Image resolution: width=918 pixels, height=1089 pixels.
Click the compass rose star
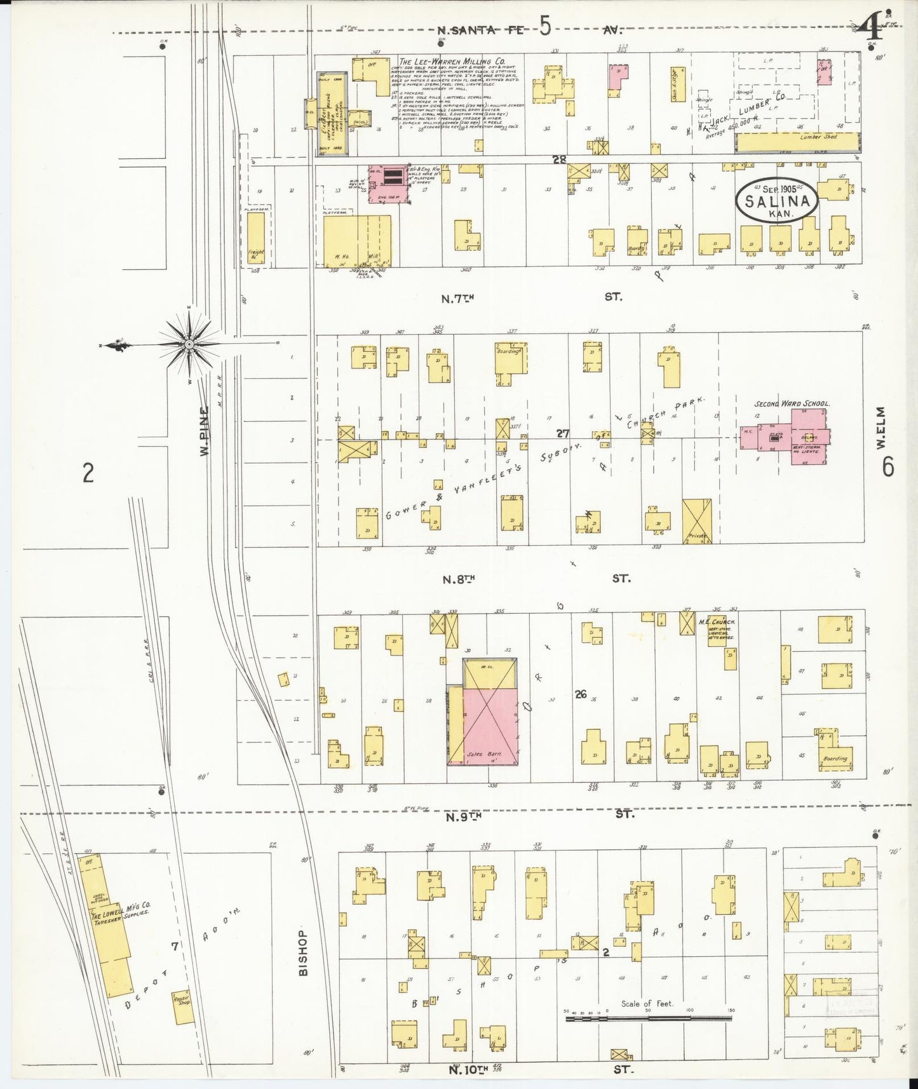[x=189, y=344]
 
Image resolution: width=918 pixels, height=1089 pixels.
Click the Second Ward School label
[x=792, y=403]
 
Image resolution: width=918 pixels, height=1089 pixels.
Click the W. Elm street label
[x=881, y=428]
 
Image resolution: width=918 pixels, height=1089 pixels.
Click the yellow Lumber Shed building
[x=797, y=142]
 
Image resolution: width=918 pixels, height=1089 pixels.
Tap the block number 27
[x=562, y=433]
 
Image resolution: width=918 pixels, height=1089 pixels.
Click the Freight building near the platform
[x=255, y=238]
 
